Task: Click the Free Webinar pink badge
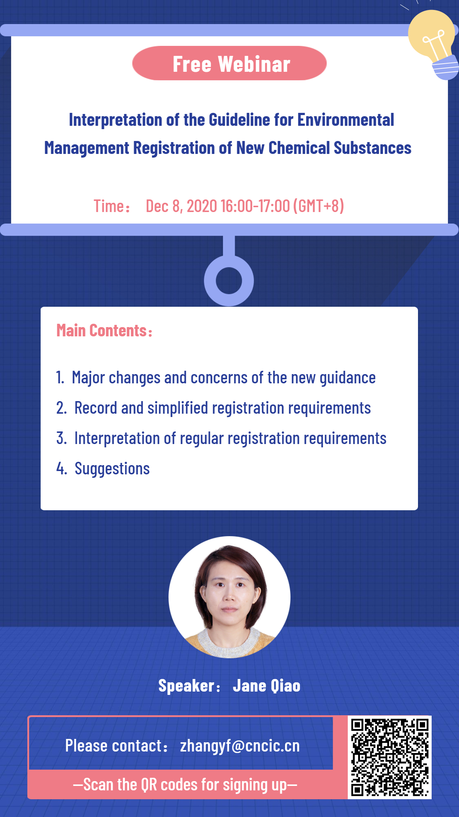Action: pos(229,63)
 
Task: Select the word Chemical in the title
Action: pos(299,148)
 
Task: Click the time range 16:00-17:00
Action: pos(255,206)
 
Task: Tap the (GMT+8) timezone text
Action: pos(319,206)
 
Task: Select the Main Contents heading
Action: pos(104,330)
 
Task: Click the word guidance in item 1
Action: pos(347,378)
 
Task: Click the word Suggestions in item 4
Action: pos(112,469)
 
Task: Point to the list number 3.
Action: pos(61,438)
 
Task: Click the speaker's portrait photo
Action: pos(229,597)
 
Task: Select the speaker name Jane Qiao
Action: pos(266,686)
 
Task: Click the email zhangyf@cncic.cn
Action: pos(240,746)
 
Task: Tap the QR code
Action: pos(390,757)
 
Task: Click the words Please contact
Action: pos(114,746)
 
